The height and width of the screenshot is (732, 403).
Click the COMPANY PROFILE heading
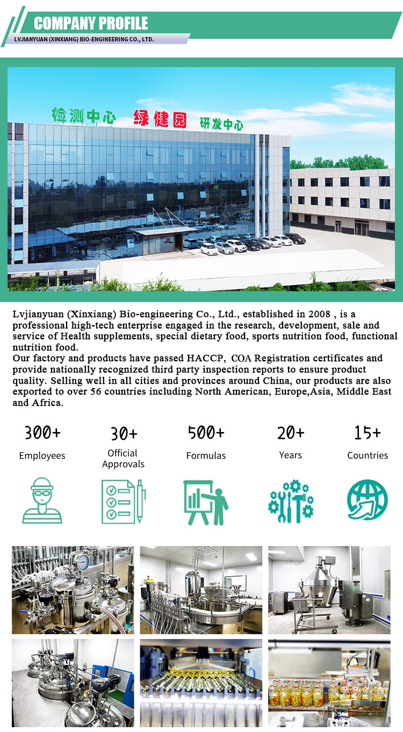pos(91,23)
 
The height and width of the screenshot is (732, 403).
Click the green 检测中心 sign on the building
pos(83,116)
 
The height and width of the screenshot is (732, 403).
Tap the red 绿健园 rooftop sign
pos(160,119)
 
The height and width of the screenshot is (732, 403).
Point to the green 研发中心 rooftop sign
pos(221,124)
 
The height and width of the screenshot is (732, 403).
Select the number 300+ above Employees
pos(42,432)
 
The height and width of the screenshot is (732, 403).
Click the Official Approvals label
pos(123,458)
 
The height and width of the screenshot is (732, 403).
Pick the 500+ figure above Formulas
pos(206,432)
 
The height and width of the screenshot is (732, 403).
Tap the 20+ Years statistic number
pos(291,432)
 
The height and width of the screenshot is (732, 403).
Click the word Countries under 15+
pos(368,455)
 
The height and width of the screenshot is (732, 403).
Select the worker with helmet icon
pos(42,500)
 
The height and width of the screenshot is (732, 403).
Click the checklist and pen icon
pos(124,501)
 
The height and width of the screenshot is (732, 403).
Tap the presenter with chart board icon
pos(206,502)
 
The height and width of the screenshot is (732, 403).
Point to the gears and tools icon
pos(291,501)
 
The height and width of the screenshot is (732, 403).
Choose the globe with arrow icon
pos(367,500)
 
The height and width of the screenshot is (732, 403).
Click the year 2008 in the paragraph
pos(319,314)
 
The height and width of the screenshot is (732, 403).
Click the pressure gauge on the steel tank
pos(83,562)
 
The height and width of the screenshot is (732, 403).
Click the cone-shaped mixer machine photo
pos(329,590)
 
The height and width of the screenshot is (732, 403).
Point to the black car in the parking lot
pos(295,238)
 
